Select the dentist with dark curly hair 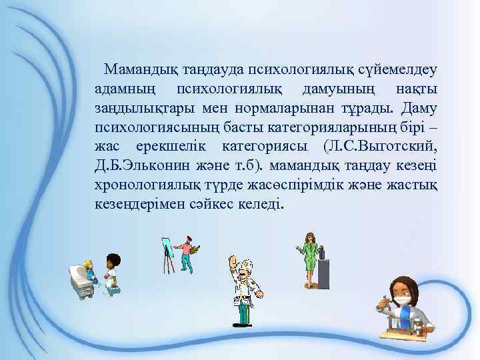(x=112, y=273)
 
